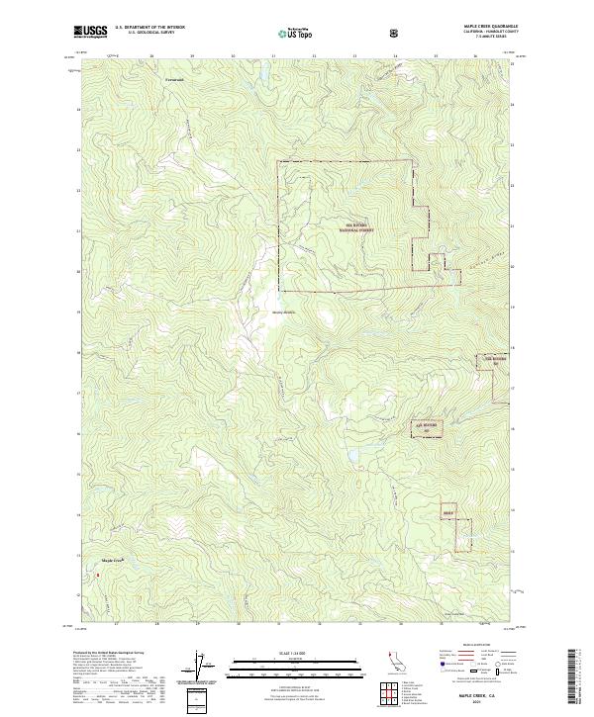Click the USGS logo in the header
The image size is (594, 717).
(x=90, y=32)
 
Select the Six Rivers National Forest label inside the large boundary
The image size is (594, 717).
(x=354, y=226)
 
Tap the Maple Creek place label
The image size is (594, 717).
(x=112, y=560)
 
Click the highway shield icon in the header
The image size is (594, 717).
(x=395, y=33)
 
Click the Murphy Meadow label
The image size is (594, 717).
(x=284, y=314)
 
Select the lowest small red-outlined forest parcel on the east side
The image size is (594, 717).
(x=449, y=512)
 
